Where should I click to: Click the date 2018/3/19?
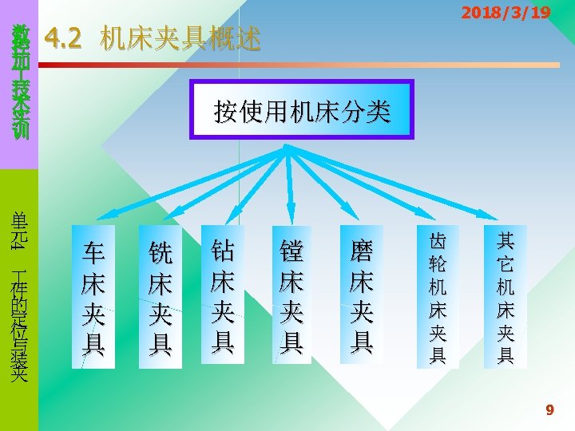click(506, 13)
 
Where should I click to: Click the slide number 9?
click(549, 410)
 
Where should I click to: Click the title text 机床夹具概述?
click(180, 38)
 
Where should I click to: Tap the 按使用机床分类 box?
click(302, 110)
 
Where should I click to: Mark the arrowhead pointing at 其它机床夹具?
click(493, 215)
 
